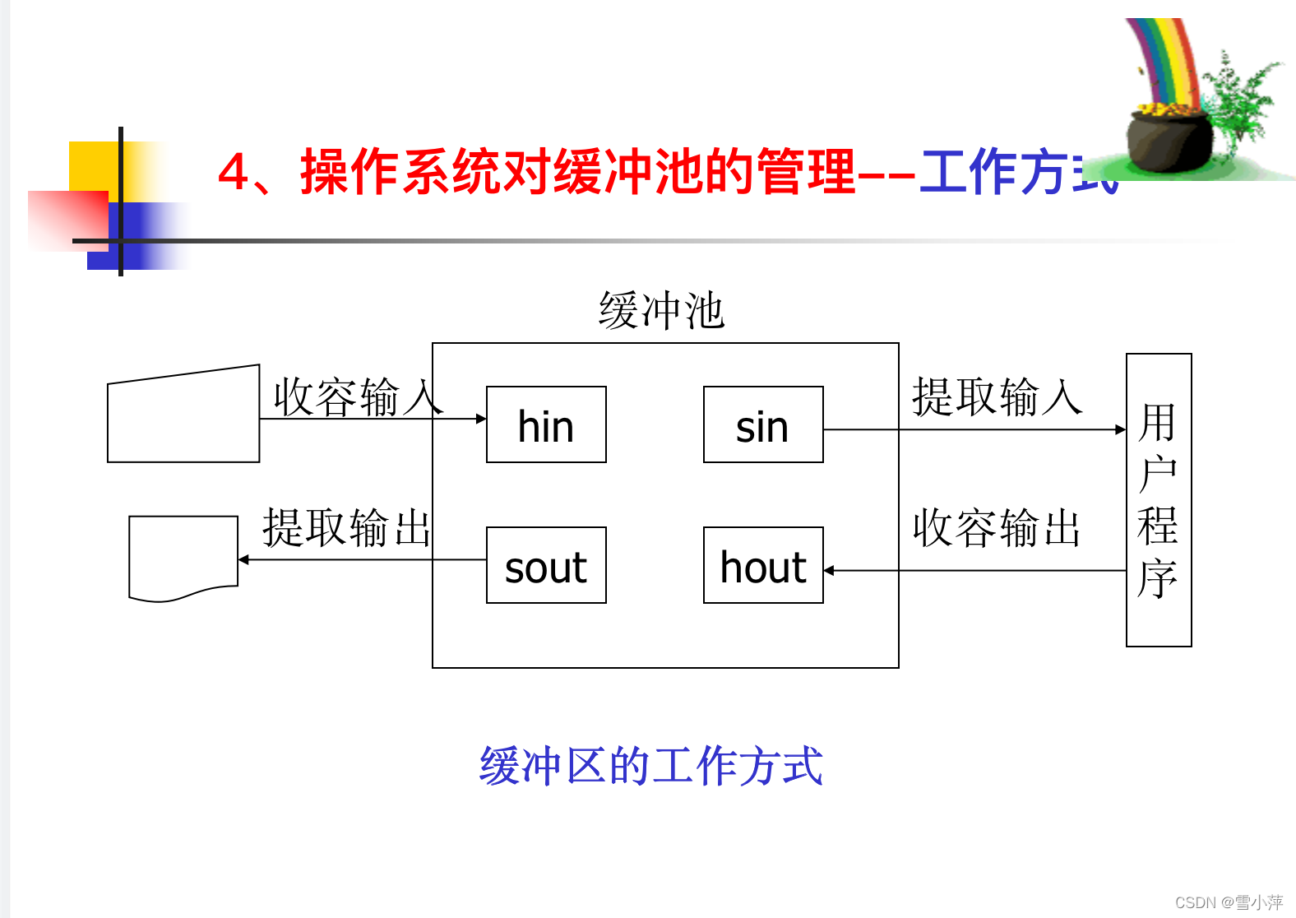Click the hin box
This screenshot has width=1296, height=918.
546,424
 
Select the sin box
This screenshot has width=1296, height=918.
763,424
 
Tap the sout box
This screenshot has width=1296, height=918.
546,565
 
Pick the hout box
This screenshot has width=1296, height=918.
763,565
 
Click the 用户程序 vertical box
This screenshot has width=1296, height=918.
1158,499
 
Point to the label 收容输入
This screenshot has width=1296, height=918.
357,396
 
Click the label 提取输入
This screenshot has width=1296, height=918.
996,396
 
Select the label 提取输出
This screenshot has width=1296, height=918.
346,527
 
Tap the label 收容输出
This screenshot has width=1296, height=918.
996,527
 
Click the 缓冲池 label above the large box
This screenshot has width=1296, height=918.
661,311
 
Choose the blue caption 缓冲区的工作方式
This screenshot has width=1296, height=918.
650,766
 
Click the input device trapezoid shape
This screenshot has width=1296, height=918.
183,415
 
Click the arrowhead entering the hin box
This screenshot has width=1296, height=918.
482,419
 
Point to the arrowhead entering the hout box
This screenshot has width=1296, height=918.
829,570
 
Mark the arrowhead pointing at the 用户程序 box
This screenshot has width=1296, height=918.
1121,429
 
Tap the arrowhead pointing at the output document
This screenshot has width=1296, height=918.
243,560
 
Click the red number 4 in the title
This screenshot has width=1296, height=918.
234,172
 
